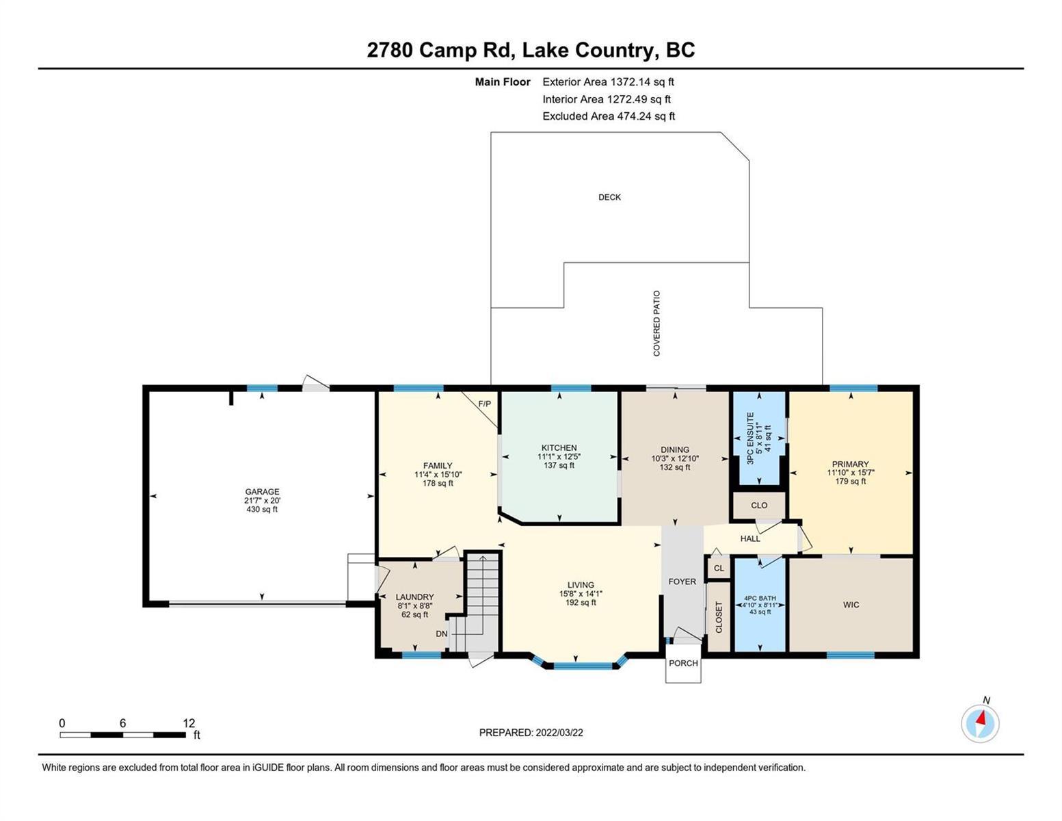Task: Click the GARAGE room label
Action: [x=262, y=491]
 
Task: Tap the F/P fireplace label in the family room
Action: [x=484, y=404]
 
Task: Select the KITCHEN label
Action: [x=559, y=447]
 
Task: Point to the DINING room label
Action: [x=675, y=449]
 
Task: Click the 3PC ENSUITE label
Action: [x=750, y=438]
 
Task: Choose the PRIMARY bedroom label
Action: [x=851, y=464]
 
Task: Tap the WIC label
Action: [x=851, y=605]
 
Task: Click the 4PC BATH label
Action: [x=760, y=598]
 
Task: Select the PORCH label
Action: [x=683, y=663]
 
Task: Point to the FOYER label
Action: [x=682, y=582]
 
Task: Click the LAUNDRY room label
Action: [x=414, y=597]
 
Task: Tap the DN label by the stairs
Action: [x=441, y=634]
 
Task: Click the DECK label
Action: [x=609, y=197]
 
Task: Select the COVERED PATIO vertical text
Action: [x=656, y=323]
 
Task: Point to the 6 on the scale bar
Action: [x=122, y=722]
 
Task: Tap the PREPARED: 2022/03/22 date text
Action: [x=531, y=733]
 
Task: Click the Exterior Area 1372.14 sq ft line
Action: [x=608, y=81]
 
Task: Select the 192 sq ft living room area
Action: [x=581, y=603]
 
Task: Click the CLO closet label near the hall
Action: [x=759, y=505]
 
